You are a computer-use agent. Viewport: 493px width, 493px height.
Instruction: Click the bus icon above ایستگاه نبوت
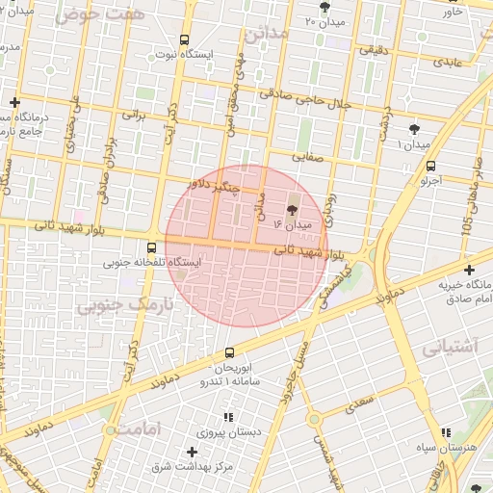184,39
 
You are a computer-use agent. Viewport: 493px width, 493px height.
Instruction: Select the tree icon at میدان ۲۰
323,6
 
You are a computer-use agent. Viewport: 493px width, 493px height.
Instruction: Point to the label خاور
478,11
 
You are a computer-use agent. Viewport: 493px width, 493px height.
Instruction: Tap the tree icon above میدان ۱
415,128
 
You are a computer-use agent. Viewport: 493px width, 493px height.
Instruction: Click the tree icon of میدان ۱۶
292,210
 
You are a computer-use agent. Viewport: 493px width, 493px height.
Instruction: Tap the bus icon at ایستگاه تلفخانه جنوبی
152,246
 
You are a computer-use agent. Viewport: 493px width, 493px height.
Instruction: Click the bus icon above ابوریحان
229,352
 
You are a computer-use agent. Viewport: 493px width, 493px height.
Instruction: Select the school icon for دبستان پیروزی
228,417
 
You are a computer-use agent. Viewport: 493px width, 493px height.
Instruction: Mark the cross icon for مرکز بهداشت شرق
192,452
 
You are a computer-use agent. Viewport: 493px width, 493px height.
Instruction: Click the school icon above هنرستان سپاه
444,433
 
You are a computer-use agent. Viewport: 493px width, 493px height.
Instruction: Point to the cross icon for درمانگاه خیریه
469,270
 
